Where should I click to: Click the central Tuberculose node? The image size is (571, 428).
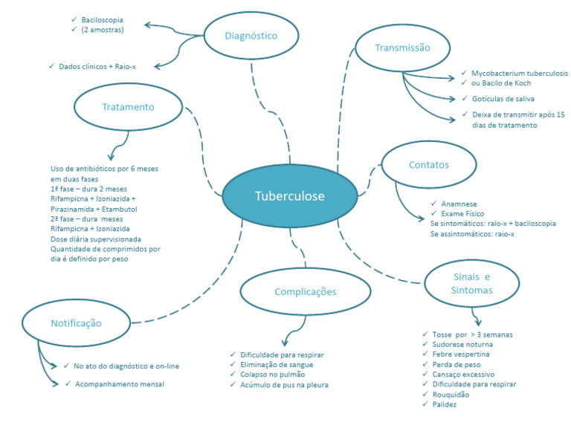[x=289, y=196]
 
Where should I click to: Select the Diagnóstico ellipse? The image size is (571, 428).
[x=251, y=35]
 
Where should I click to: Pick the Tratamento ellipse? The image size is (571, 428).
[x=129, y=107]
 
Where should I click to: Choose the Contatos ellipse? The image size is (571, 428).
[x=428, y=164]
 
